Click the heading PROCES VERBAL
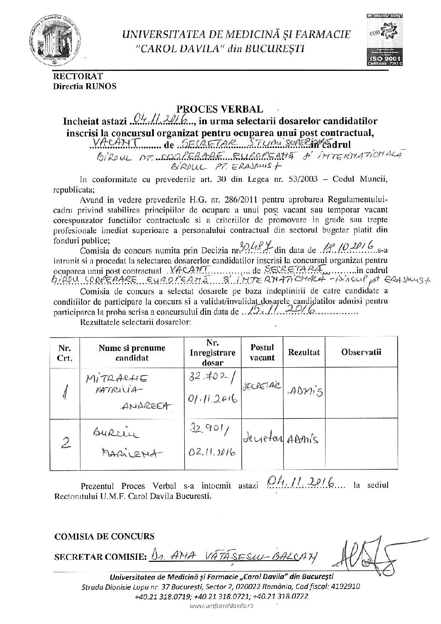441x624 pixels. [225, 109]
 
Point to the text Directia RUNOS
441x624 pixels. [85, 87]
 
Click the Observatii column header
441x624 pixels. [361, 352]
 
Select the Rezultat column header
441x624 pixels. [304, 352]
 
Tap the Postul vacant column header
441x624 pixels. [262, 352]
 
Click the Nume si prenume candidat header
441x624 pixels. [132, 352]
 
